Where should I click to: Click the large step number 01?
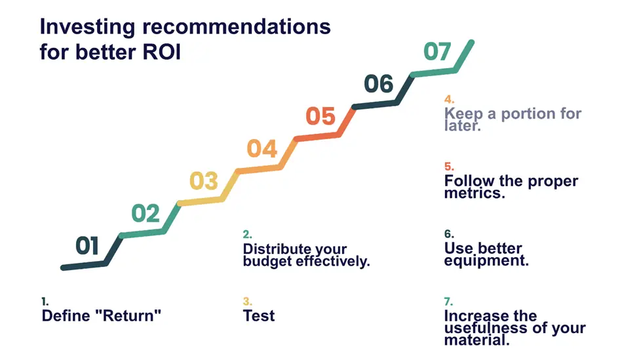pyautogui.click(x=87, y=245)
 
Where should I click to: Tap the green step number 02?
pyautogui.click(x=145, y=213)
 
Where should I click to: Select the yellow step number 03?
pyautogui.click(x=204, y=181)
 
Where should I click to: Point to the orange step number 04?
pyautogui.click(x=262, y=148)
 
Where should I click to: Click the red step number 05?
pyautogui.click(x=320, y=116)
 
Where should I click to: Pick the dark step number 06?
pyautogui.click(x=379, y=84)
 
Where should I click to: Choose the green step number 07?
pyautogui.click(x=437, y=52)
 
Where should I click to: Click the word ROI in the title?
pyautogui.click(x=161, y=52)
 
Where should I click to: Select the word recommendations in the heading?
pyautogui.click(x=237, y=27)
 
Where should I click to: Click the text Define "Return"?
pyautogui.click(x=102, y=315)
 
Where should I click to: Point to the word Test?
pyautogui.click(x=259, y=315)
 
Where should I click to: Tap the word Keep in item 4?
pyautogui.click(x=463, y=113)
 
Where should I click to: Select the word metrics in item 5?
pyautogui.click(x=474, y=193)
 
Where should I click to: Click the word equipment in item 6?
pyautogui.click(x=486, y=261)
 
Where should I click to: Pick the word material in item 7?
pyautogui.click(x=477, y=340)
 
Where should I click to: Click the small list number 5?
pyautogui.click(x=449, y=167)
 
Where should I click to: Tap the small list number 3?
pyautogui.click(x=247, y=301)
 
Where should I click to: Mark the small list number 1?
pyautogui.click(x=45, y=301)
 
